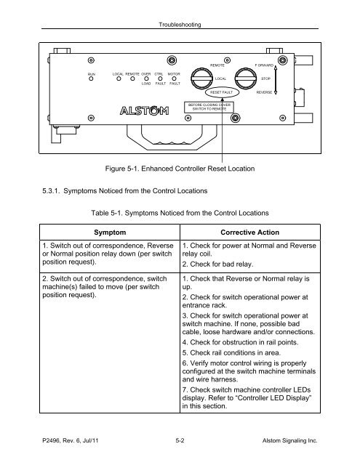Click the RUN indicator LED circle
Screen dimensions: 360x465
click(91, 78)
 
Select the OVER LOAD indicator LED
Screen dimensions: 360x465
click(146, 78)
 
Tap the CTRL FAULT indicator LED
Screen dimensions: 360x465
click(160, 78)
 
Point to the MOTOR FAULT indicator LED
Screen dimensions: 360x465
click(175, 78)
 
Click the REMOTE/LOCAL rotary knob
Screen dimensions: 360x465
click(201, 78)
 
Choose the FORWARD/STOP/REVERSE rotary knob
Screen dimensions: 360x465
click(246, 78)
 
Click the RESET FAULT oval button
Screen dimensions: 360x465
click(222, 92)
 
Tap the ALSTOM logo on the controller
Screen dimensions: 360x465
click(145, 110)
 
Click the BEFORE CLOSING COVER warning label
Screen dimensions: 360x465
click(209, 107)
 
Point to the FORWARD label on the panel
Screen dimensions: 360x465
click(264, 65)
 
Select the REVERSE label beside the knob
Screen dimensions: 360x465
click(264, 92)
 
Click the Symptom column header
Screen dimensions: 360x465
click(110, 232)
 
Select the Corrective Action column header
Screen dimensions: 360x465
click(250, 232)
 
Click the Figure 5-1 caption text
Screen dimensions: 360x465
click(180, 169)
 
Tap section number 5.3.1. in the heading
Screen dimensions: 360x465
click(51, 190)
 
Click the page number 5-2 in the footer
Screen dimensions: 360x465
click(180, 440)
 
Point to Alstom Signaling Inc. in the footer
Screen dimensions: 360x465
click(290, 441)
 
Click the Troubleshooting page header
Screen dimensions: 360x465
click(180, 25)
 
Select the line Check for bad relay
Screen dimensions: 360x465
click(217, 264)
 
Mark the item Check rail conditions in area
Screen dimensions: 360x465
click(231, 352)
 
